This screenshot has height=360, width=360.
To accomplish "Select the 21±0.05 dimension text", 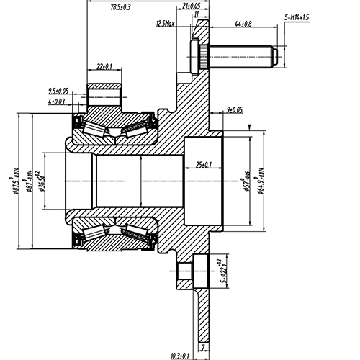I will [191, 6].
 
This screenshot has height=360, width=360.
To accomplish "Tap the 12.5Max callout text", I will [165, 24].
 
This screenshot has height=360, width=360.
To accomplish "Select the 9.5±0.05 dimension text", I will [58, 91].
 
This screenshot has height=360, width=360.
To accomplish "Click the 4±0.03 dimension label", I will [58, 102].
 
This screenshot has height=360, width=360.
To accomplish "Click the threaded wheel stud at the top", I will [238, 55].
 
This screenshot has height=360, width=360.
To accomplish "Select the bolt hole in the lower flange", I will [189, 271].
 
